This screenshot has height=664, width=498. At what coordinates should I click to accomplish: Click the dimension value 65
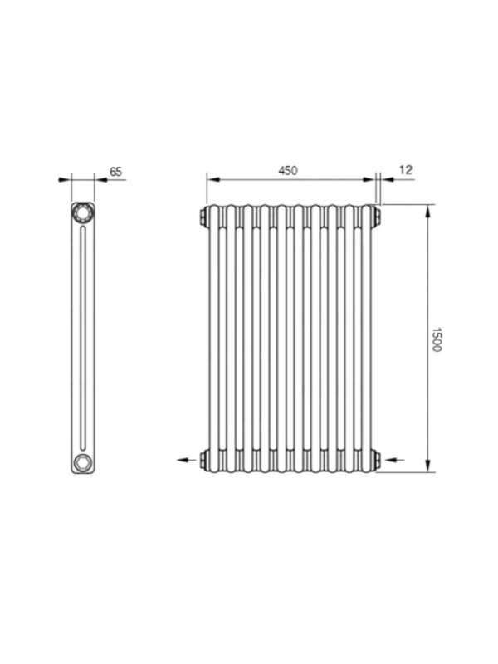click(x=115, y=172)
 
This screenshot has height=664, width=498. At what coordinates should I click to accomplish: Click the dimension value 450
click(x=288, y=170)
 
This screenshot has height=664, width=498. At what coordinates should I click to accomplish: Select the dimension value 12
click(x=406, y=170)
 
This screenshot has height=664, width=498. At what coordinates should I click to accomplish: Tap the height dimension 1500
click(x=437, y=339)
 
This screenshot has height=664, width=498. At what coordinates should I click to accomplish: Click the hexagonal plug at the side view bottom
click(x=82, y=462)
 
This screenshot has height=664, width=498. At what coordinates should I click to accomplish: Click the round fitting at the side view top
click(x=82, y=213)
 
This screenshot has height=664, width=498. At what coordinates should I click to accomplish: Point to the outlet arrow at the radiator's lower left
click(x=187, y=460)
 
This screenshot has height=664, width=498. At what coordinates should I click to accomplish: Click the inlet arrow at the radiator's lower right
click(x=393, y=460)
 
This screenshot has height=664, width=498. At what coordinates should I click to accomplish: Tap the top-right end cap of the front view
click(x=377, y=216)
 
